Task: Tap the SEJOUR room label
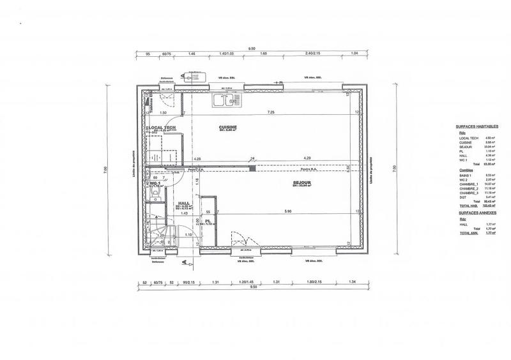point(302,183)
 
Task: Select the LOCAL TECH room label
point(161,128)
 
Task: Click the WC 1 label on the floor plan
point(155,183)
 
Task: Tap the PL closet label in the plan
point(208,221)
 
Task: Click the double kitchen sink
point(227,100)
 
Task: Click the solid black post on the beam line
point(254,168)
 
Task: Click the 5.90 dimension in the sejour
point(287,211)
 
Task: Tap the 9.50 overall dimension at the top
point(252,48)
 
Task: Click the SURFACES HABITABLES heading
point(477,127)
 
